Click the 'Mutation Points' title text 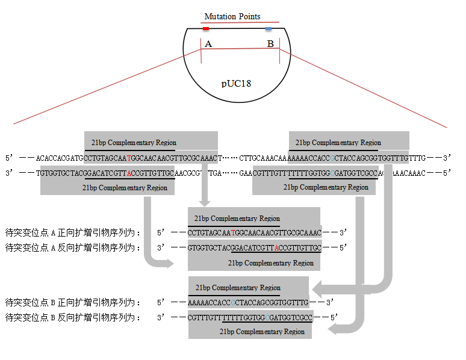tap(232, 16)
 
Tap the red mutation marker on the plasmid tap(206, 29)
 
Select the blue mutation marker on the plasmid tap(269, 29)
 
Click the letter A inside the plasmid tap(208, 44)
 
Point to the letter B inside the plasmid tap(270, 44)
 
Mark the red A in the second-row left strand tap(128, 173)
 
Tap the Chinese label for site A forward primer tap(72, 232)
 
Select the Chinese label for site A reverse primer tap(72, 247)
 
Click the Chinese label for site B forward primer tap(72, 302)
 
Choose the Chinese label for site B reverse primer tap(72, 317)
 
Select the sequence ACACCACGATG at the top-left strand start tap(60, 158)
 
